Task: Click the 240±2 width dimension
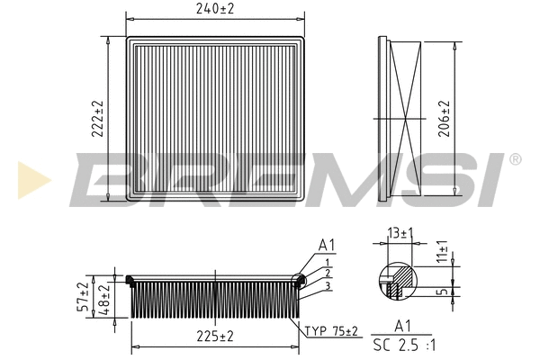[215, 9]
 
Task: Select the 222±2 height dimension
[98, 116]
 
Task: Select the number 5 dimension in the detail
[443, 291]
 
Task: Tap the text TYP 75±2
[330, 331]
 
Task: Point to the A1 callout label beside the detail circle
[326, 245]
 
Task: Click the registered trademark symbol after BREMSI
[514, 159]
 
